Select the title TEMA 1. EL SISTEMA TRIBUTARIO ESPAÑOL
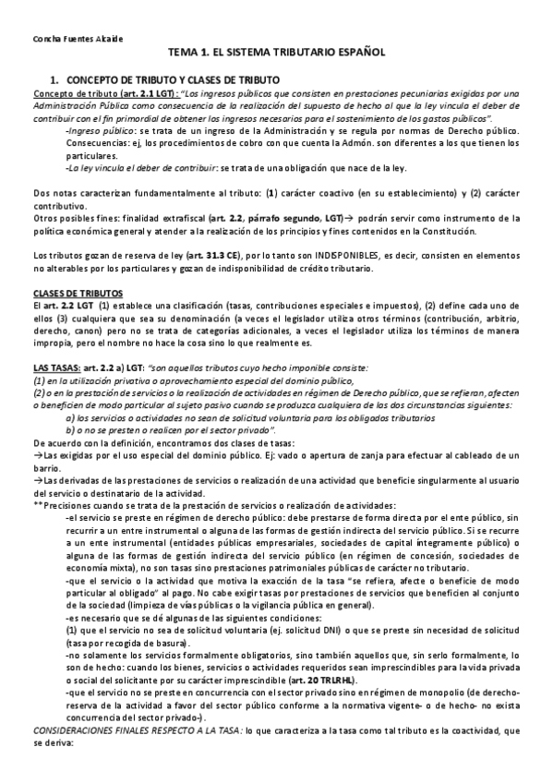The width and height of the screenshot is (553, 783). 276,55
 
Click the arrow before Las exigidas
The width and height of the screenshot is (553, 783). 37,455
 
